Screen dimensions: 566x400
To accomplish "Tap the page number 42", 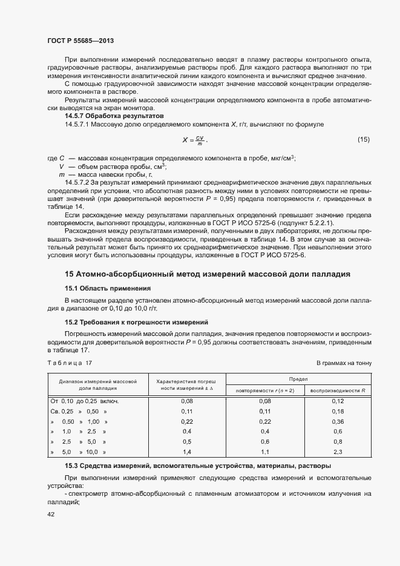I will tap(51, 514).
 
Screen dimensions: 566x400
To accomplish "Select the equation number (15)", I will tap(363, 140).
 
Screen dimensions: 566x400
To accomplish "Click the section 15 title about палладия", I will tap(208, 274).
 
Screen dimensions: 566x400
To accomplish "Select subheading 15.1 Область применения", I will tap(107, 288).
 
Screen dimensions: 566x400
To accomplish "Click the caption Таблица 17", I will tap(69, 363).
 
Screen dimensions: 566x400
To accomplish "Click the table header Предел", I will tap(298, 378).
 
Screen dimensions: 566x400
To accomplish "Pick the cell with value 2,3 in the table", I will tap(338, 452).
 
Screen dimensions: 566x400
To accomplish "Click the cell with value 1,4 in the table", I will tap(187, 452).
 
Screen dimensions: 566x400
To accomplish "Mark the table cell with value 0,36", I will tap(338, 421).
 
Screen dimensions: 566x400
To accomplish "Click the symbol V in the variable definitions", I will tap(61, 166).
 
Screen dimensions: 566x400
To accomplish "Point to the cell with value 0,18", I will tap(338, 411).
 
